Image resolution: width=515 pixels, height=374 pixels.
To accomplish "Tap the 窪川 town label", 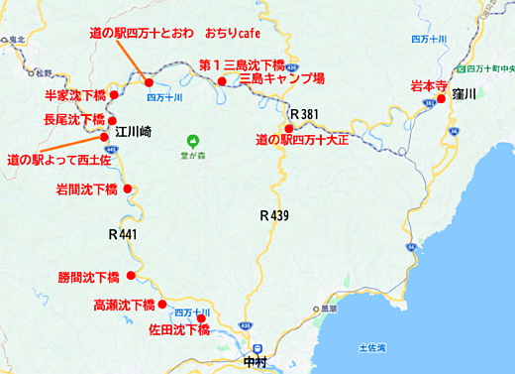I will pyautogui.click(x=463, y=93).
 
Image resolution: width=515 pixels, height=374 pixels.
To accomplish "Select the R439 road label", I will pyautogui.click(x=274, y=214).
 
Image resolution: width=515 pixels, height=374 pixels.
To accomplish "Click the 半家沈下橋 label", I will pyautogui.click(x=74, y=96).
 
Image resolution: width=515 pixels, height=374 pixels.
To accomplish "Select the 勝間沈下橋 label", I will pyautogui.click(x=88, y=277).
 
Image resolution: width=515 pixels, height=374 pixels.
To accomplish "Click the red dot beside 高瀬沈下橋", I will pyautogui.click(x=163, y=306).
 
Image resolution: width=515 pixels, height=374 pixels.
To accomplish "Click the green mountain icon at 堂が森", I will pyautogui.click(x=195, y=139).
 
